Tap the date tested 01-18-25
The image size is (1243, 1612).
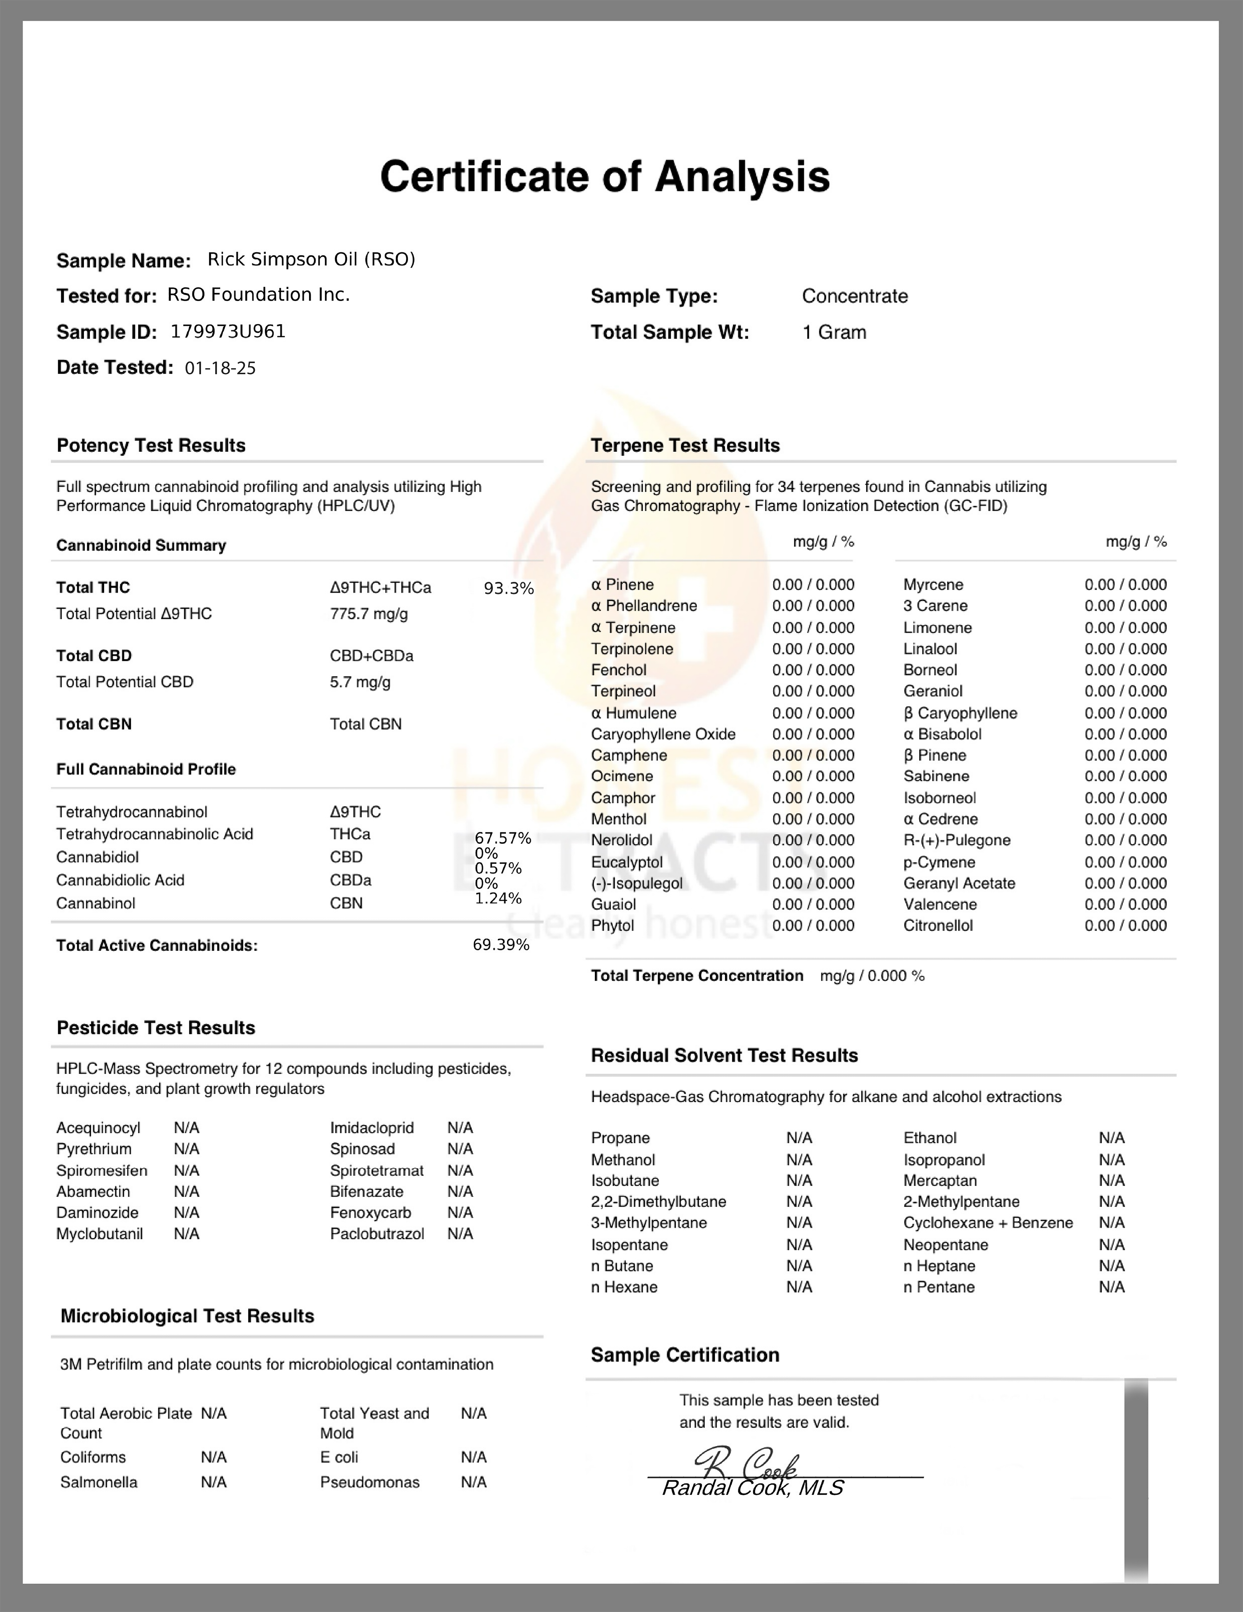click(220, 368)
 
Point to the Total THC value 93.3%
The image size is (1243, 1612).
click(508, 588)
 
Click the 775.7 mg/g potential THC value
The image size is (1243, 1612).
click(368, 614)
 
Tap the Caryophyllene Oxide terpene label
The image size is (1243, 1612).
click(663, 735)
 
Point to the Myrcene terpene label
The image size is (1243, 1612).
click(933, 585)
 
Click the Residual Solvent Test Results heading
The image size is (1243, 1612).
click(724, 1056)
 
